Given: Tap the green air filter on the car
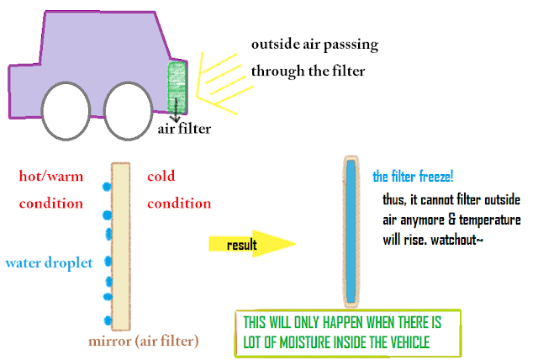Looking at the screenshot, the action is (x=177, y=87).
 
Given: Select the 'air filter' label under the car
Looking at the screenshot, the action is (x=184, y=129).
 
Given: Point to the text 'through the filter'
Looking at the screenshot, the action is (x=308, y=71).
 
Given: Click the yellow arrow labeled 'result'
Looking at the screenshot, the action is (x=252, y=244).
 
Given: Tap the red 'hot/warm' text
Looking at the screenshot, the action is (x=51, y=176).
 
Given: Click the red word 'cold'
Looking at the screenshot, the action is (x=161, y=176).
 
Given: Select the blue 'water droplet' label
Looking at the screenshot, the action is (x=50, y=263).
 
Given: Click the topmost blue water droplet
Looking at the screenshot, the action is (x=107, y=187).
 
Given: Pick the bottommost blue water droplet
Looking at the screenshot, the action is (x=108, y=320).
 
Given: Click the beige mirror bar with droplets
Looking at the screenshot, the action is (x=121, y=246).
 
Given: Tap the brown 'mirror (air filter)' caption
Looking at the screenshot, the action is (x=144, y=341).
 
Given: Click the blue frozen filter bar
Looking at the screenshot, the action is (x=351, y=232).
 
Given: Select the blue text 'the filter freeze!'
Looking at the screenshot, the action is (x=413, y=177).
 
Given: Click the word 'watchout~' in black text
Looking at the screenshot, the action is (x=457, y=240).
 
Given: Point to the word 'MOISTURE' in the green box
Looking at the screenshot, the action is (x=306, y=342).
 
